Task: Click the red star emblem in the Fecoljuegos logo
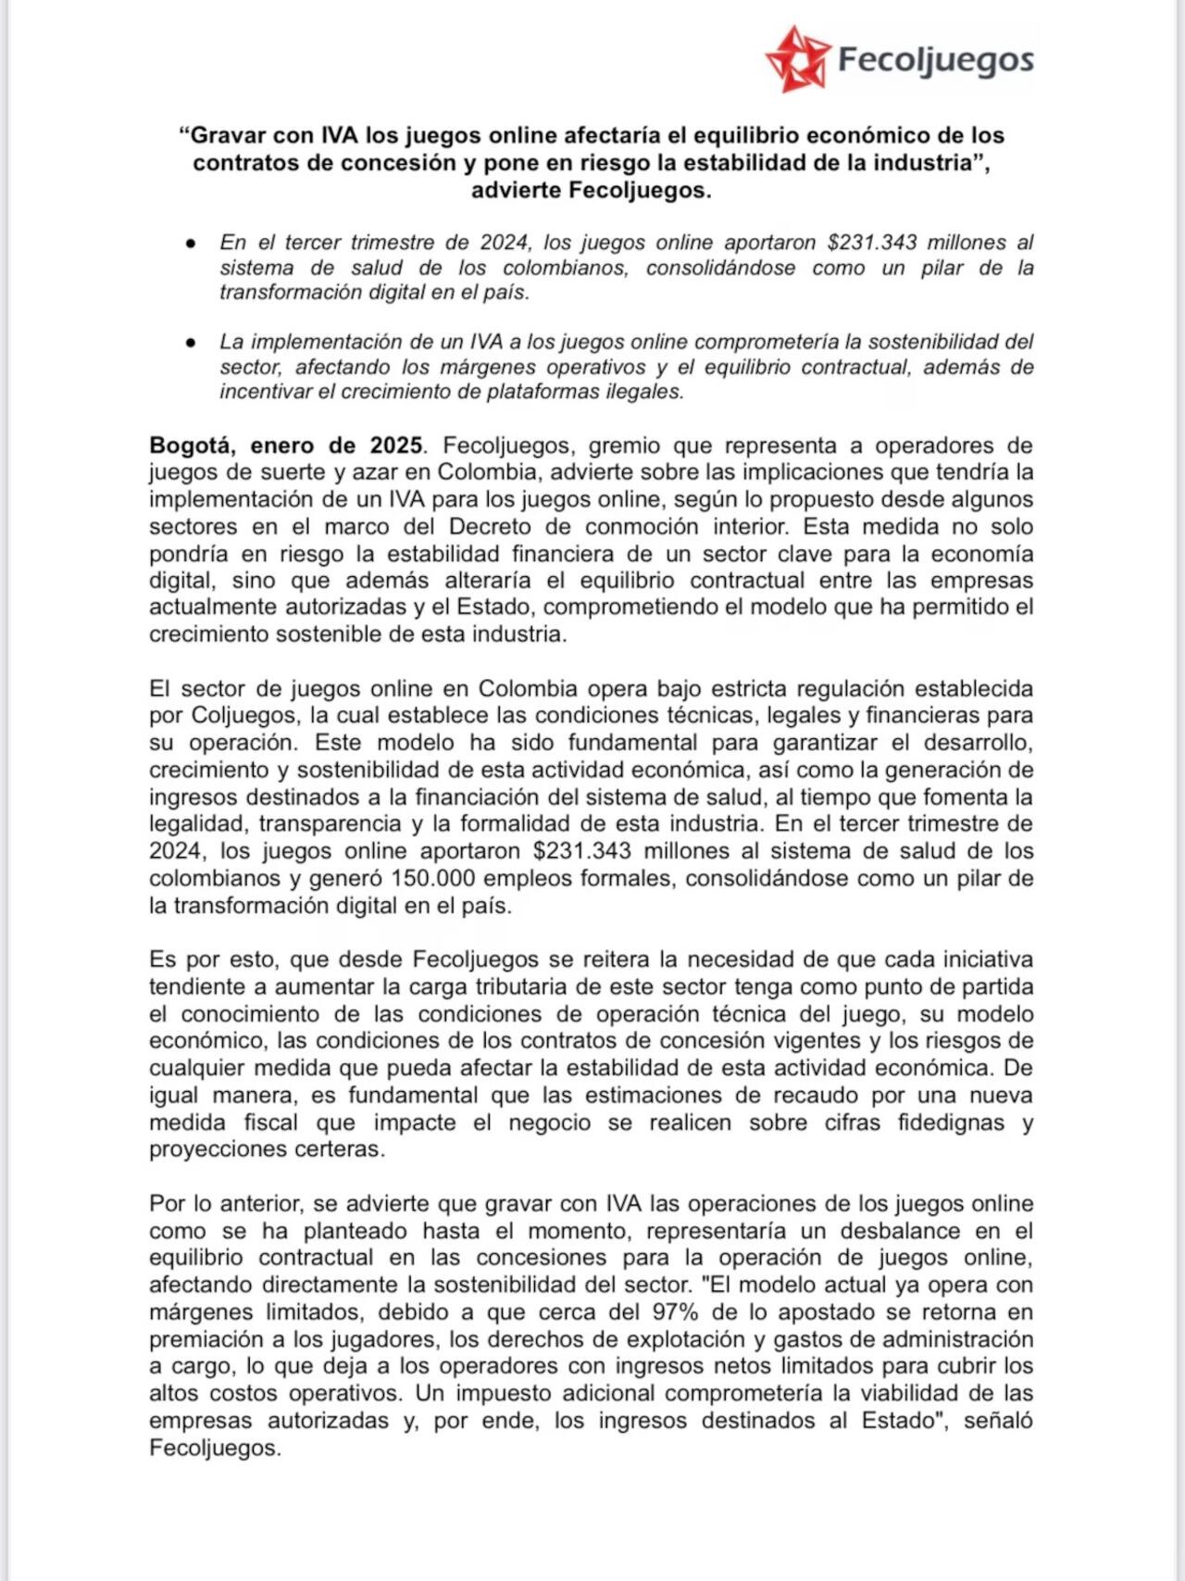pyautogui.click(x=795, y=59)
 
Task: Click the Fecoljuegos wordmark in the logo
pyautogui.click(x=935, y=60)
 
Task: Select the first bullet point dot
pyautogui.click(x=191, y=243)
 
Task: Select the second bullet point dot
pyautogui.click(x=191, y=342)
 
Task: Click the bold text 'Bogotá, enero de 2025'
pyautogui.click(x=286, y=445)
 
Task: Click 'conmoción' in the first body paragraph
pyautogui.click(x=642, y=526)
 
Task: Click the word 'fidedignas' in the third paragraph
pyautogui.click(x=951, y=1123)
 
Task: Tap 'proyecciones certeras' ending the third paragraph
pyautogui.click(x=266, y=1149)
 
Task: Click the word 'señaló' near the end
pyautogui.click(x=998, y=1421)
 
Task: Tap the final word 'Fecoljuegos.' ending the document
pyautogui.click(x=214, y=1448)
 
